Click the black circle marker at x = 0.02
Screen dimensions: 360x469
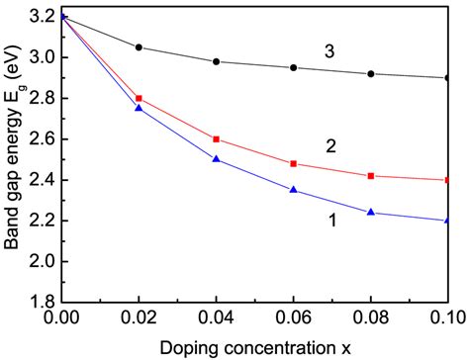(139, 46)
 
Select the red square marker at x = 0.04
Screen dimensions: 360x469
(217, 139)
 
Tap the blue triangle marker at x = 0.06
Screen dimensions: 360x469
(294, 189)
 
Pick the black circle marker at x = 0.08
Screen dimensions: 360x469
(371, 73)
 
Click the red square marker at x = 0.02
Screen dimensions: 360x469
(139, 98)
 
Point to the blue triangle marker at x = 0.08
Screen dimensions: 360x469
(371, 212)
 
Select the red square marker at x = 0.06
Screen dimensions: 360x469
(294, 163)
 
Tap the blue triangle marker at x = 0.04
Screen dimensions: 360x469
(217, 158)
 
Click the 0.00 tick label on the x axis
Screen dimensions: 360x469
(61, 319)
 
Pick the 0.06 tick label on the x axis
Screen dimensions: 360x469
(294, 319)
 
